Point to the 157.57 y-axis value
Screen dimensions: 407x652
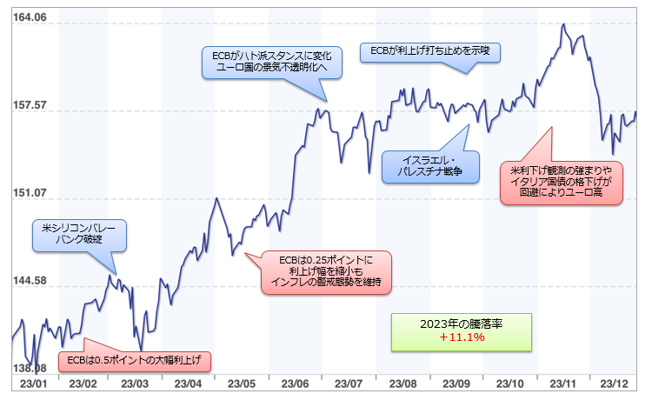[28, 106]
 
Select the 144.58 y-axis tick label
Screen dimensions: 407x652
[28, 281]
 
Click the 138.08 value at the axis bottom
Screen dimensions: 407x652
[24, 369]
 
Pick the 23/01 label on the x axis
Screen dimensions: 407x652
[31, 384]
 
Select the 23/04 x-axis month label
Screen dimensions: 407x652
[189, 384]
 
